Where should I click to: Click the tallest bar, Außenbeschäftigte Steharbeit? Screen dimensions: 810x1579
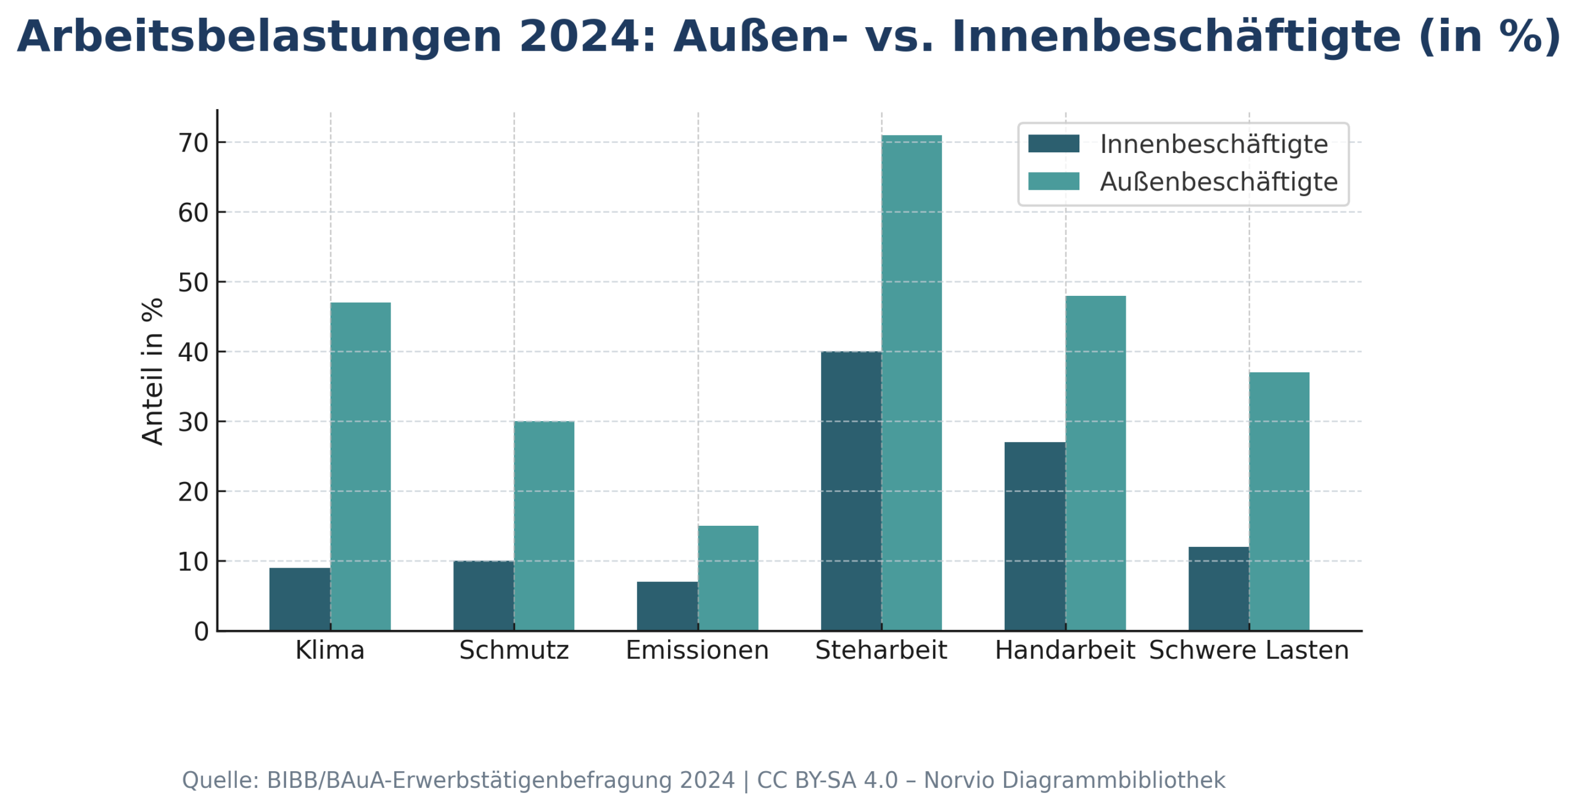(911, 382)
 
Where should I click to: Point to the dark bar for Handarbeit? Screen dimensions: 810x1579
(1034, 536)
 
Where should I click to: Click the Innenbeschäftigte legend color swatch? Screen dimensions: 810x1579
(1053, 144)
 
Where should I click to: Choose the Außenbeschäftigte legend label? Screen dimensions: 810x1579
(1218, 182)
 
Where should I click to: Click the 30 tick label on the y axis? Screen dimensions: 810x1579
(193, 422)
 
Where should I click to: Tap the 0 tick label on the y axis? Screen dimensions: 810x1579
(201, 632)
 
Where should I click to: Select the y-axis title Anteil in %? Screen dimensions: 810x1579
(152, 371)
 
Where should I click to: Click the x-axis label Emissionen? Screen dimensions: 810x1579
(697, 650)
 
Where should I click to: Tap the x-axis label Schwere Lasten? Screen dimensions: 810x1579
(1248, 650)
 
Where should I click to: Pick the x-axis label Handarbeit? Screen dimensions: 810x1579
(1065, 650)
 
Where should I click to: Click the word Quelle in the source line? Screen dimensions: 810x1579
(218, 780)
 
